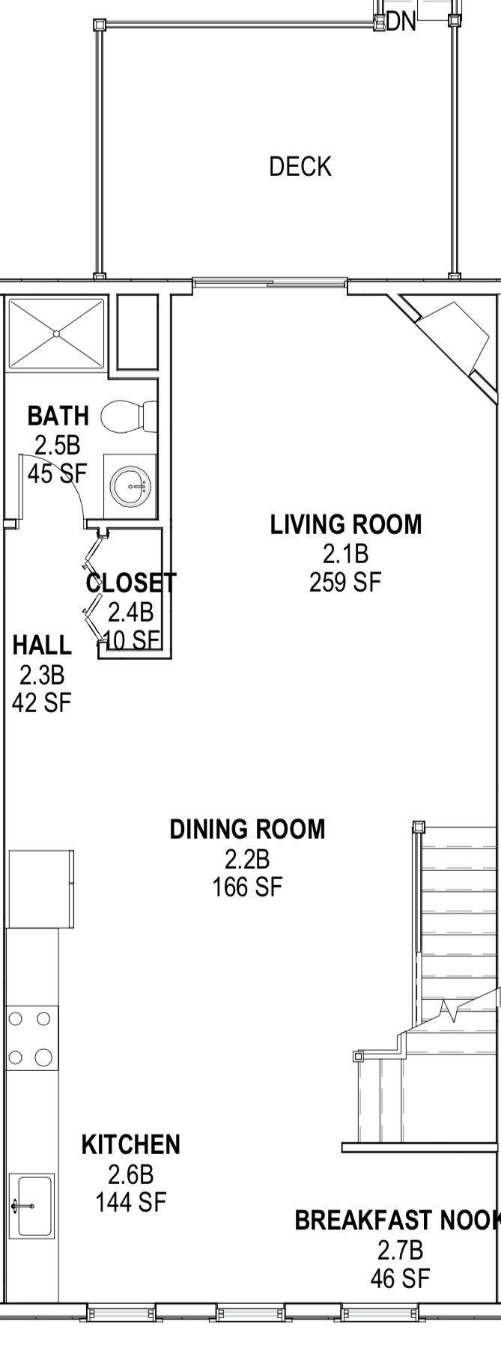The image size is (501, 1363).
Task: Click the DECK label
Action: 300,166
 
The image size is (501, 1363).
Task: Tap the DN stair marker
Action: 401,22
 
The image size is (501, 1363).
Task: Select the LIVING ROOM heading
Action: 346,524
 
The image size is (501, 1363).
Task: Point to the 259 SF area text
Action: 345,582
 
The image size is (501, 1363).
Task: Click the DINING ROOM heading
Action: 247,829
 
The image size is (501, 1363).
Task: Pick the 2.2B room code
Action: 247,858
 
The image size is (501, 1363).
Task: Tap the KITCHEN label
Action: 130,1144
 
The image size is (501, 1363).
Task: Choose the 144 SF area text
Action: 130,1202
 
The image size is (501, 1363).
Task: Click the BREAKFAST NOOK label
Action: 398,1220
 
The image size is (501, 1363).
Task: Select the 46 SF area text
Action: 400,1278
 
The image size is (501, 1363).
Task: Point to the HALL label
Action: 42,645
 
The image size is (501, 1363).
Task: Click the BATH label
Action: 58,416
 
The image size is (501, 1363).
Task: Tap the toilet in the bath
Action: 129,417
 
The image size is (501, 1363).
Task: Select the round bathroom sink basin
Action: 130,486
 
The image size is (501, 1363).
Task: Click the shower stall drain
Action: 56,333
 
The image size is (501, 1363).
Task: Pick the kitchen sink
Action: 32,1206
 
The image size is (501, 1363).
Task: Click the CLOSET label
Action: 131,583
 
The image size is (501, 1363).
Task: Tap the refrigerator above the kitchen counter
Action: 40,889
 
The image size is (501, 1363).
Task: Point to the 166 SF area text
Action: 247,887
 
